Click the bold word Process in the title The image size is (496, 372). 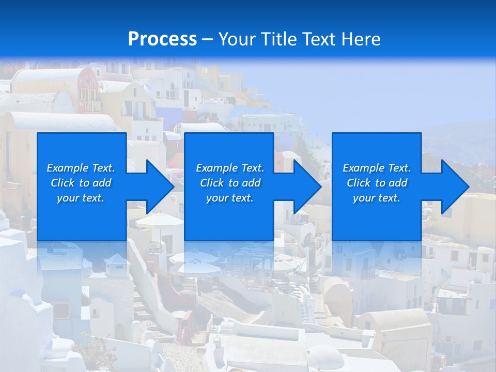pos(162,39)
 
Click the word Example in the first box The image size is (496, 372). pos(67,168)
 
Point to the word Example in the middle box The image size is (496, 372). pos(216,168)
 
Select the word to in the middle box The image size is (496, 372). pos(234,183)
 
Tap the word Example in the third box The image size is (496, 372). pos(363,168)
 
